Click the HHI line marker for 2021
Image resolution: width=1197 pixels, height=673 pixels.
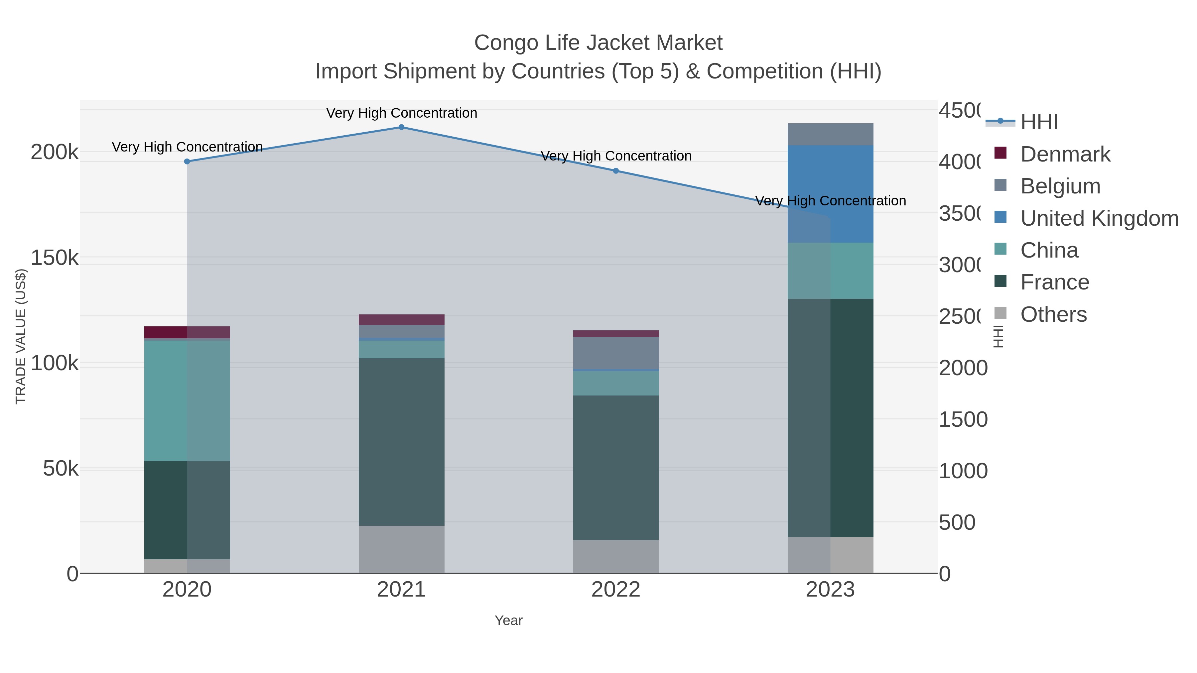[x=401, y=127]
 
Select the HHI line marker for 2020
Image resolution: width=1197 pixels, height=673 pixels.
[x=187, y=162]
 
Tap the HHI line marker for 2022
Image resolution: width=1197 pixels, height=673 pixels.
[x=616, y=171]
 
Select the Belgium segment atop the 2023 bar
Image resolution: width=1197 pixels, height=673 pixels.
[x=830, y=134]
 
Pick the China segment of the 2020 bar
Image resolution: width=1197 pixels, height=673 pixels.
[x=187, y=400]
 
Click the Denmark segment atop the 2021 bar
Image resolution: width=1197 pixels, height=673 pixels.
[x=401, y=319]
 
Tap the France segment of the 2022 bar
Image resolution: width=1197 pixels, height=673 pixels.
[x=616, y=467]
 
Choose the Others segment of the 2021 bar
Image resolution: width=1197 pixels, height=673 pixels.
[x=401, y=549]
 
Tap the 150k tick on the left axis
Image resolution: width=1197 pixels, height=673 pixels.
[x=55, y=258]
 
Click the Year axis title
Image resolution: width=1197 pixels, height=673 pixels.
[x=508, y=620]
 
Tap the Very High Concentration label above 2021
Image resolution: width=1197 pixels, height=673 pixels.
[x=401, y=113]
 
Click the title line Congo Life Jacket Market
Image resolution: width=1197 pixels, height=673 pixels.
[x=598, y=43]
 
